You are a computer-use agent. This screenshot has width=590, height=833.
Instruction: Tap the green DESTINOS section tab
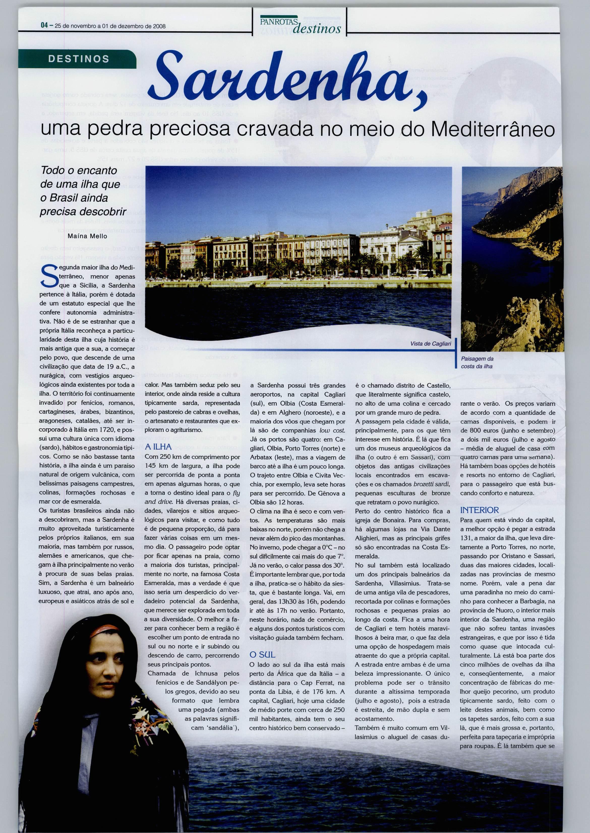(78, 59)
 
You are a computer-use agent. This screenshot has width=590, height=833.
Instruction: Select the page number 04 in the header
(44, 26)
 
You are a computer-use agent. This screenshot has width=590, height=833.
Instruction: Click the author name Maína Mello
(87, 236)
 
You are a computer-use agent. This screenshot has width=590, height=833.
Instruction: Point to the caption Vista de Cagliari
(430, 343)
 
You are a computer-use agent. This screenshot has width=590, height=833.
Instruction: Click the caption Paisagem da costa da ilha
(477, 362)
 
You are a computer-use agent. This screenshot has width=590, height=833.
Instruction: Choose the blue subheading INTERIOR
(479, 510)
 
